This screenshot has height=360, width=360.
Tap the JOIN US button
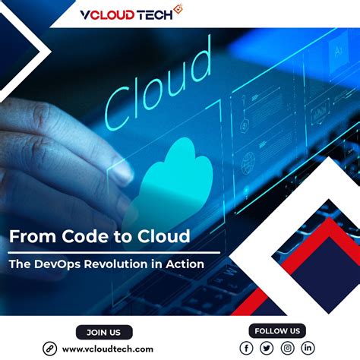104,332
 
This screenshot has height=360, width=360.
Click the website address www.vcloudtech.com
108,349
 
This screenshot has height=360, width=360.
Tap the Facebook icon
246,348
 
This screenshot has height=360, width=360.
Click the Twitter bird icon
267,348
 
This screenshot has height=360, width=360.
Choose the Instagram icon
287,348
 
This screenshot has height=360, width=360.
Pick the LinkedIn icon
308,348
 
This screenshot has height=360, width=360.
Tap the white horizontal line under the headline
114,251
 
